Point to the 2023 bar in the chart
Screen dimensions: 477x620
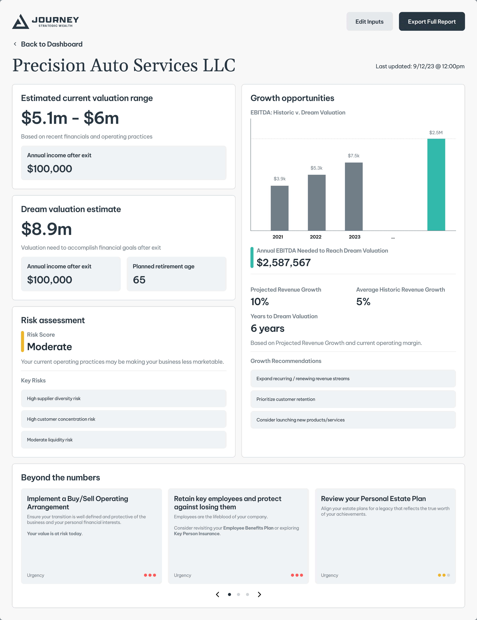[x=354, y=196]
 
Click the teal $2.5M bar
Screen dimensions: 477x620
[x=436, y=185]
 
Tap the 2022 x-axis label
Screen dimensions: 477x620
[x=316, y=237]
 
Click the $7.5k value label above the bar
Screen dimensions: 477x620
[x=354, y=156]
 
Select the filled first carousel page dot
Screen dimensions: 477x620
[x=229, y=594]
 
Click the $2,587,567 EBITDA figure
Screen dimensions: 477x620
[x=284, y=263]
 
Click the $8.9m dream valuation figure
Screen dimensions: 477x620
[x=47, y=229]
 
